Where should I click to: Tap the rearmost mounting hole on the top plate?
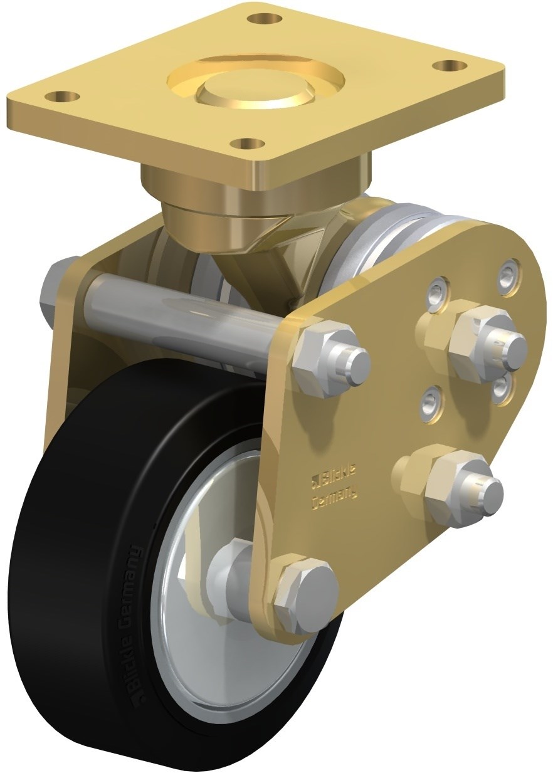point(260,18)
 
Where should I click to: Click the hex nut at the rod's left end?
point(58,288)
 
